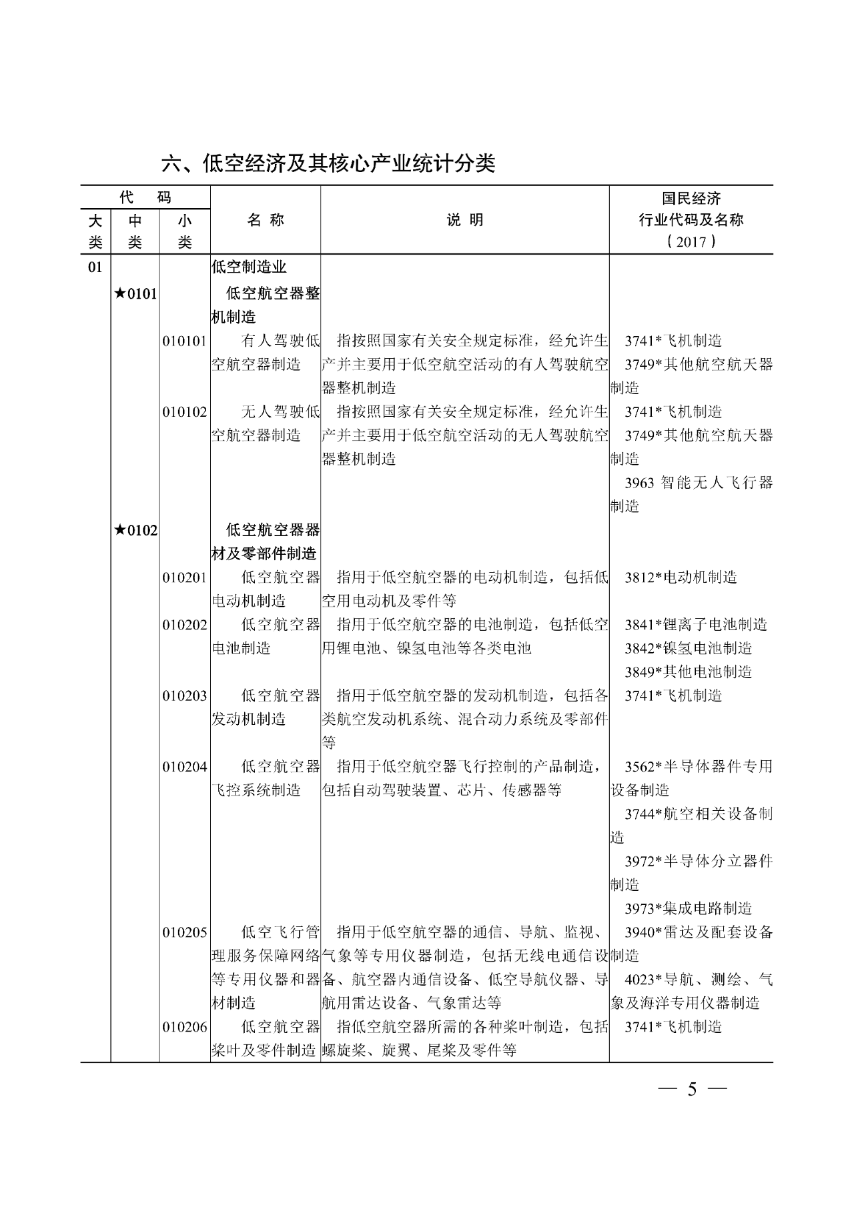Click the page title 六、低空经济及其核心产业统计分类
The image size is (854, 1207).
click(328, 163)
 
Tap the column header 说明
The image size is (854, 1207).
click(465, 220)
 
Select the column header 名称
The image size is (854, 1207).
click(266, 220)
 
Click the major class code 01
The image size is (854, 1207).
click(95, 267)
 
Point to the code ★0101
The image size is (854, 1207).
click(135, 293)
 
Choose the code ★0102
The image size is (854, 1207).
click(135, 530)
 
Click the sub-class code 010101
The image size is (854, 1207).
click(185, 341)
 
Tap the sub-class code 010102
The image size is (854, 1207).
click(185, 412)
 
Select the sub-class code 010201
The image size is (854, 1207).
click(185, 577)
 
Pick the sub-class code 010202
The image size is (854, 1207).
click(185, 625)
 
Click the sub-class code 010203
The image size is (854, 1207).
click(185, 696)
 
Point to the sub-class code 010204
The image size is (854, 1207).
click(185, 767)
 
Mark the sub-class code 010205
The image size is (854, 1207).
click(185, 932)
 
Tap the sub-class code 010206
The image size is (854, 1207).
click(185, 1027)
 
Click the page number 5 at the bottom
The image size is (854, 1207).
click(692, 1090)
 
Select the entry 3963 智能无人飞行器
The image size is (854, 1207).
click(699, 483)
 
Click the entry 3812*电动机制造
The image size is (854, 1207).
click(681, 577)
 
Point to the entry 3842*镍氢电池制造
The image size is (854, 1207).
click(688, 648)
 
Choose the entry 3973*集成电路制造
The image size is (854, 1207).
click(688, 908)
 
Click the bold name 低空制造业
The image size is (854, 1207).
click(249, 267)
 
